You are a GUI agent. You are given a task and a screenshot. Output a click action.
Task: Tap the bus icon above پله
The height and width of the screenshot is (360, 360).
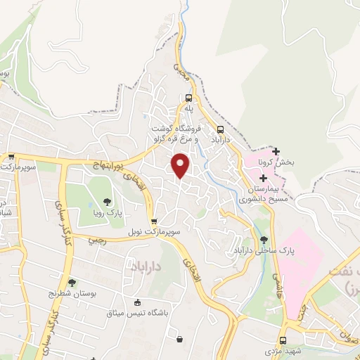pos(188,98)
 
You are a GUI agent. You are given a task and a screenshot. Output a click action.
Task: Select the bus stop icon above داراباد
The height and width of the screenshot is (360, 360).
pos(221,129)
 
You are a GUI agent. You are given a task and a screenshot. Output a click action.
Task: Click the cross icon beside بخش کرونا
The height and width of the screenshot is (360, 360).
pos(276,151)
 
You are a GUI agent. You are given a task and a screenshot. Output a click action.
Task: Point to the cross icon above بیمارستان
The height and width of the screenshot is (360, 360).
pos(263,179)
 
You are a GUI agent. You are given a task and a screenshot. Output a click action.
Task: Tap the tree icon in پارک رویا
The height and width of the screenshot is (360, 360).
pos(107,201)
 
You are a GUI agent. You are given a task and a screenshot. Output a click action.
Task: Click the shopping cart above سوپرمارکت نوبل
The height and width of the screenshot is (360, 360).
pos(154,221)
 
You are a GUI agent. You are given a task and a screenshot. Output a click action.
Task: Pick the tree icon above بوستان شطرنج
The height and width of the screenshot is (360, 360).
pos(71,283)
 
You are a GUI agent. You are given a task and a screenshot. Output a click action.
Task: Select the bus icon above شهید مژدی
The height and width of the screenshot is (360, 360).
pos(283,340)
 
